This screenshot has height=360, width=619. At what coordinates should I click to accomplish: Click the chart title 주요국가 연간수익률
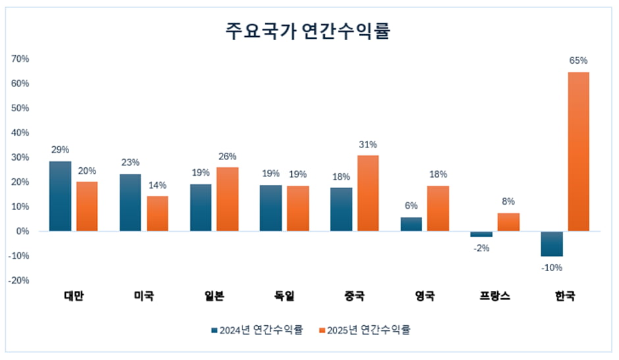click(308, 31)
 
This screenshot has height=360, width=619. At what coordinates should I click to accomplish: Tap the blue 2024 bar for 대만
click(60, 196)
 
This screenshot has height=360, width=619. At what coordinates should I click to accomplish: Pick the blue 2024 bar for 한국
click(552, 244)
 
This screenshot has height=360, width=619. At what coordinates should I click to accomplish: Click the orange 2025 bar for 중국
click(367, 193)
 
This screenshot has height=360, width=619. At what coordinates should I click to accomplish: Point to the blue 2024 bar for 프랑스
click(481, 234)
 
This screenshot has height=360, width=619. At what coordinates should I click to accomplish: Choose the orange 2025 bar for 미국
click(157, 213)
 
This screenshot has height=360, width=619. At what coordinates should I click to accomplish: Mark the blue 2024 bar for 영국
click(411, 224)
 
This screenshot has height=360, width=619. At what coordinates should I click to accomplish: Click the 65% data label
click(578, 61)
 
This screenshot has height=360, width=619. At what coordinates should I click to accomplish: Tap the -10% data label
click(552, 267)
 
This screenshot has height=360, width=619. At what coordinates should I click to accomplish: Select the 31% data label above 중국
click(367, 144)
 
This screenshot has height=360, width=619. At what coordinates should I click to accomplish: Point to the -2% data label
click(481, 247)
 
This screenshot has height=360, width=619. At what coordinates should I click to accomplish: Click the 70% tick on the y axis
click(20, 59)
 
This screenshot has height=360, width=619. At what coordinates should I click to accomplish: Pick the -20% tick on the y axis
click(19, 280)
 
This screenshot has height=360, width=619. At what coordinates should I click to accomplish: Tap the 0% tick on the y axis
click(23, 231)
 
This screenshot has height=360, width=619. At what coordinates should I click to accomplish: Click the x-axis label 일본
click(214, 296)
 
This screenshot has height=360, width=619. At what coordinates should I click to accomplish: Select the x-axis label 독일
click(284, 296)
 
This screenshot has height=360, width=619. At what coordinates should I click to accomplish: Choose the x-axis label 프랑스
click(495, 296)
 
